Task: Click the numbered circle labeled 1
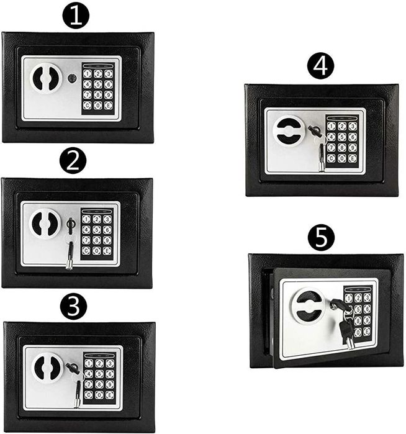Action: click(76, 17)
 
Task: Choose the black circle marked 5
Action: click(321, 237)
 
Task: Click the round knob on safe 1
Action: click(45, 79)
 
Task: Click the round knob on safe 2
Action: click(45, 222)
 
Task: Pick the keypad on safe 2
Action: click(98, 234)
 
